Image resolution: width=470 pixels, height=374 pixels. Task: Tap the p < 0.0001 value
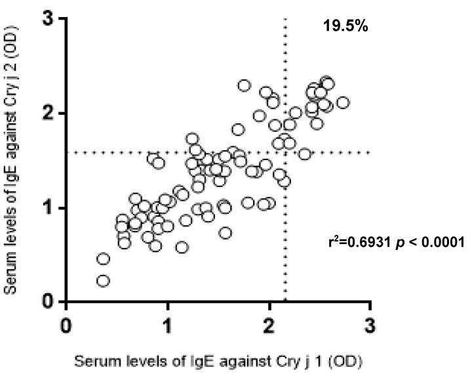(x=429, y=243)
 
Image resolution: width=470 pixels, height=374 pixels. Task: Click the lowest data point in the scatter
(x=103, y=281)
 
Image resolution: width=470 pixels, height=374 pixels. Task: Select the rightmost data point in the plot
(x=342, y=103)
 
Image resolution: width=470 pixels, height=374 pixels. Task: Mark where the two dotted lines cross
(x=285, y=153)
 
